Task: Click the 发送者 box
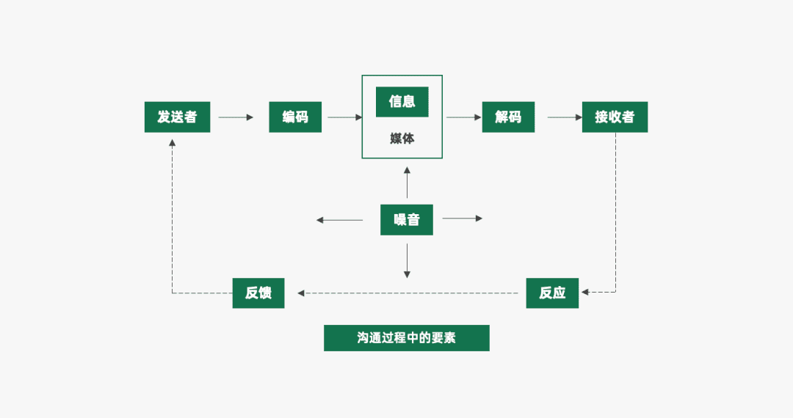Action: pos(177,117)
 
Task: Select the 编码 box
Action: pos(295,117)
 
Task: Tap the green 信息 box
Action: pos(402,102)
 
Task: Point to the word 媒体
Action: pos(402,138)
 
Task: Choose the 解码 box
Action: pos(508,117)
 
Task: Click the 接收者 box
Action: pos(615,117)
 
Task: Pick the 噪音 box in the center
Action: pos(406,219)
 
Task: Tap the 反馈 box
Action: pos(258,293)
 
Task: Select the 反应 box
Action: pos(552,293)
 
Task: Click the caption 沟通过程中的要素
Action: pos(406,338)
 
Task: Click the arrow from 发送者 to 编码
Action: pos(236,117)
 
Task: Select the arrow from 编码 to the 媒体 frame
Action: pos(344,117)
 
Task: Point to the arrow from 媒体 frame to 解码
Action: pos(462,117)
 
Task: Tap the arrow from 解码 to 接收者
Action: pos(565,117)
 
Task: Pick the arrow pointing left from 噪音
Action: pos(339,219)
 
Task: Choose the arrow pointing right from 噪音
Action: pos(463,219)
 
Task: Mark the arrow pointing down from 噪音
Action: pos(407,261)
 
